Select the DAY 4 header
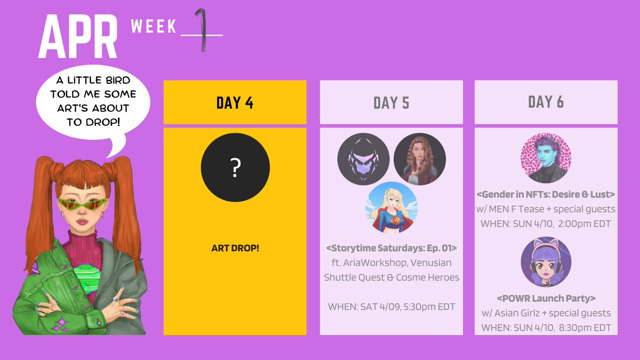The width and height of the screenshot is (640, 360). (235, 102)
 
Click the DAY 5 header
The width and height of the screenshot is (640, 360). (391, 102)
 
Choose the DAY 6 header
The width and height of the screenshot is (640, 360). (546, 102)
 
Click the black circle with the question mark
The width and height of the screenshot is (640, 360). (235, 167)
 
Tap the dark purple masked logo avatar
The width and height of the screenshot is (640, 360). (363, 159)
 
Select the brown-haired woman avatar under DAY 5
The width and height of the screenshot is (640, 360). (419, 159)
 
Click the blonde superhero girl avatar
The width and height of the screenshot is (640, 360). (391, 207)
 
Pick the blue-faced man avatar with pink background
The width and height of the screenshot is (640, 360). (546, 158)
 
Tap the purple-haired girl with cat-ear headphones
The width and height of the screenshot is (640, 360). (546, 262)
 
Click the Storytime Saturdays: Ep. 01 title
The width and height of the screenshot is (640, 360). (391, 248)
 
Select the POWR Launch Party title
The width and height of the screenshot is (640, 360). (546, 298)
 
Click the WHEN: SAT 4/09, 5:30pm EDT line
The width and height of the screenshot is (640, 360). (391, 307)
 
